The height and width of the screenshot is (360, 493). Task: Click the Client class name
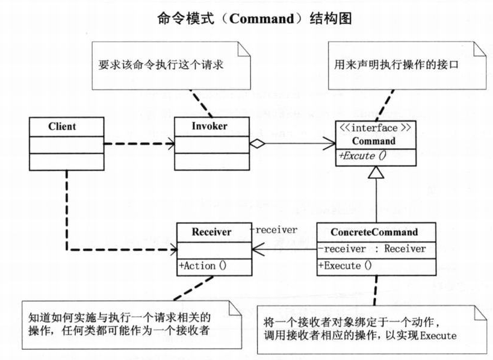point(62,126)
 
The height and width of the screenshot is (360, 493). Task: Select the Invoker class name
point(209,126)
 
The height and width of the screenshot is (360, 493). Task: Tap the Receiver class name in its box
point(212,232)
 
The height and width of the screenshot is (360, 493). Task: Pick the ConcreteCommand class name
point(374,232)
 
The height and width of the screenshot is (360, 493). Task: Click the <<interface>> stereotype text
point(374,128)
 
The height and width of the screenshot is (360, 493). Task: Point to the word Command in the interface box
point(374,141)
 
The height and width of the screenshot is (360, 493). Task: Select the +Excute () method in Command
point(362,156)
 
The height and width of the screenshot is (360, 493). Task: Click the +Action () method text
point(202,266)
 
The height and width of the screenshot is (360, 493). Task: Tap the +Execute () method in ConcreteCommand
point(345,265)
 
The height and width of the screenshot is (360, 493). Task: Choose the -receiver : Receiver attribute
point(372,249)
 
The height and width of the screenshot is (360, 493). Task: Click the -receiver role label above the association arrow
point(273,230)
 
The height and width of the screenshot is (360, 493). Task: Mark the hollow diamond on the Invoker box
point(257,144)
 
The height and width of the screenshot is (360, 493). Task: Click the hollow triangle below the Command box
point(376,172)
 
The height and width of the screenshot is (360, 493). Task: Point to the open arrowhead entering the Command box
point(329,144)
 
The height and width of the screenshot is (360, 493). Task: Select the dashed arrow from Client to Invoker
point(139,144)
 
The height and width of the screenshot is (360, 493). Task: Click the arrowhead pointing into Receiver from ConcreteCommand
point(258,249)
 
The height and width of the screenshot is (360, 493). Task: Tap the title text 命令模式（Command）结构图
point(255,18)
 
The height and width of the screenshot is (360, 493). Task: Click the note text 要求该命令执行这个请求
point(161,65)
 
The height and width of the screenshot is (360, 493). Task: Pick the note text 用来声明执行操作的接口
point(397,65)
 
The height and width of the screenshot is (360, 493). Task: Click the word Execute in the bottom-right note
point(438,336)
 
